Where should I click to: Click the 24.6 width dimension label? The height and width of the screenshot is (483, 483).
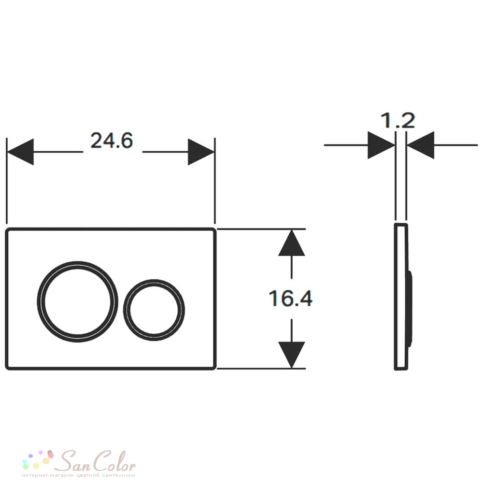(112, 141)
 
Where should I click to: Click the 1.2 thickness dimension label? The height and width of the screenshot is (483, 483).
(398, 120)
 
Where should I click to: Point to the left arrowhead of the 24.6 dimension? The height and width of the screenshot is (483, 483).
(20, 152)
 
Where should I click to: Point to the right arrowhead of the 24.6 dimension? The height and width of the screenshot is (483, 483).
(201, 152)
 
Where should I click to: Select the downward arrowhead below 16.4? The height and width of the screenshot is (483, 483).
(291, 355)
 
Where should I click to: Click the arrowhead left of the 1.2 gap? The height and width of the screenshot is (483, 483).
(382, 145)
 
